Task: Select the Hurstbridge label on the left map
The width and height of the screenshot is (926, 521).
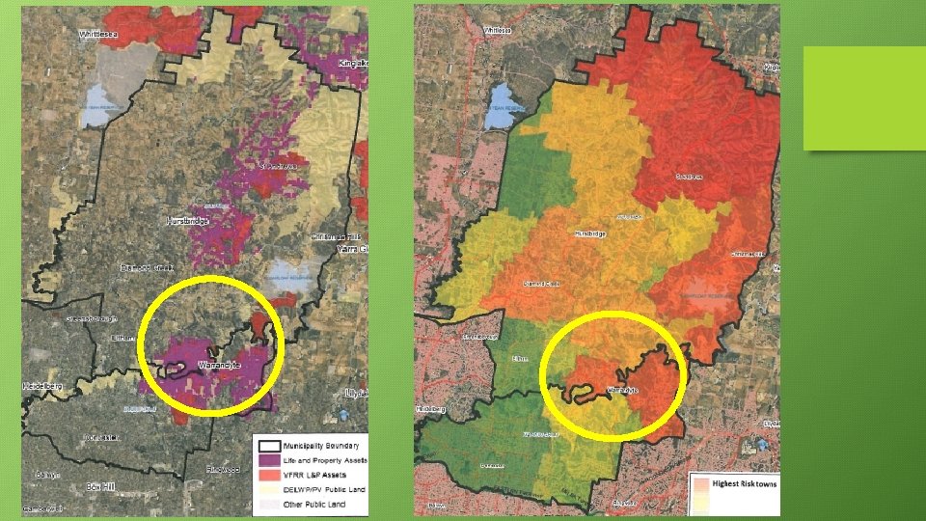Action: (187, 221)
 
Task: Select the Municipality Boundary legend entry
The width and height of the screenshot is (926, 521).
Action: (320, 446)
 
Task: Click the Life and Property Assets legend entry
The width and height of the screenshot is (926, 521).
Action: (326, 460)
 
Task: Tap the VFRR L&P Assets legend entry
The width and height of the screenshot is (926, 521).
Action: (314, 475)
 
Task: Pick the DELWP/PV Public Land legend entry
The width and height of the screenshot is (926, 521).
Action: (324, 490)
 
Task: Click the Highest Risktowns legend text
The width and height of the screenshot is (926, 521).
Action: (745, 483)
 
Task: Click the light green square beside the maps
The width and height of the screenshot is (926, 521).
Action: (845, 97)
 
